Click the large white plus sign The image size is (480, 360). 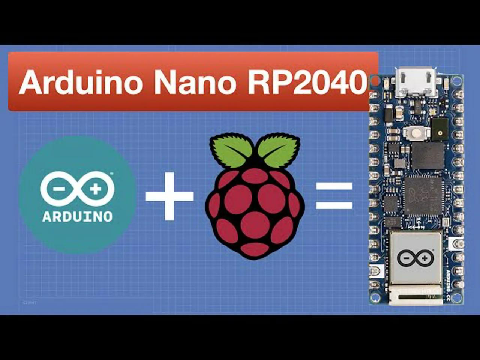click(169, 196)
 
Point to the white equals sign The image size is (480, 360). click(334, 196)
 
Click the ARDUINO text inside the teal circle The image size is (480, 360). click(77, 216)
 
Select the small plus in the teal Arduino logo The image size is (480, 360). click(96, 189)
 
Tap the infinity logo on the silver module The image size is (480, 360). click(415, 258)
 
